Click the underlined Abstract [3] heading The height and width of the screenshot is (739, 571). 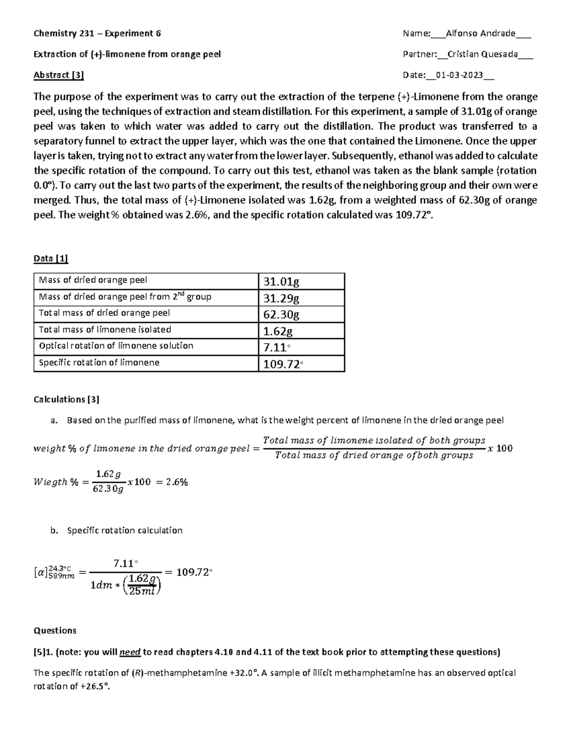[59, 75]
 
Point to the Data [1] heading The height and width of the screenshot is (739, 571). [51, 258]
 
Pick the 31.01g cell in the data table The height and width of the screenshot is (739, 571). [281, 282]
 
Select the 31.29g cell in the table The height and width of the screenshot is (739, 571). [281, 298]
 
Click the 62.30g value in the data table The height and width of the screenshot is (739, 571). [281, 315]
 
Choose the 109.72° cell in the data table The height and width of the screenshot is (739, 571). [283, 365]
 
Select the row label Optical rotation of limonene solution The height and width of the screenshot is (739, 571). [116, 346]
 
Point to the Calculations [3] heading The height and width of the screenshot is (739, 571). [66, 399]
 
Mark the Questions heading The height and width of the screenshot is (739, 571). [55, 631]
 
